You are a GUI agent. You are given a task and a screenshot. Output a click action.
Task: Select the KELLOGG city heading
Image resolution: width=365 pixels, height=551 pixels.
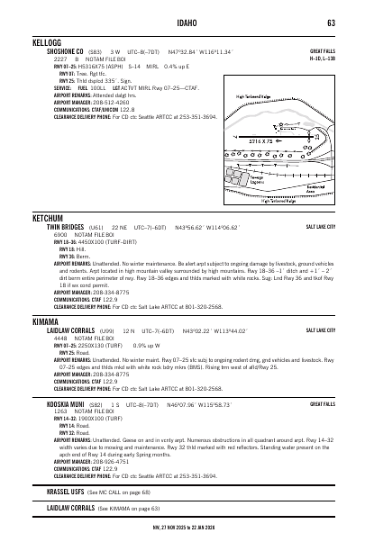click(x=47, y=43)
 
